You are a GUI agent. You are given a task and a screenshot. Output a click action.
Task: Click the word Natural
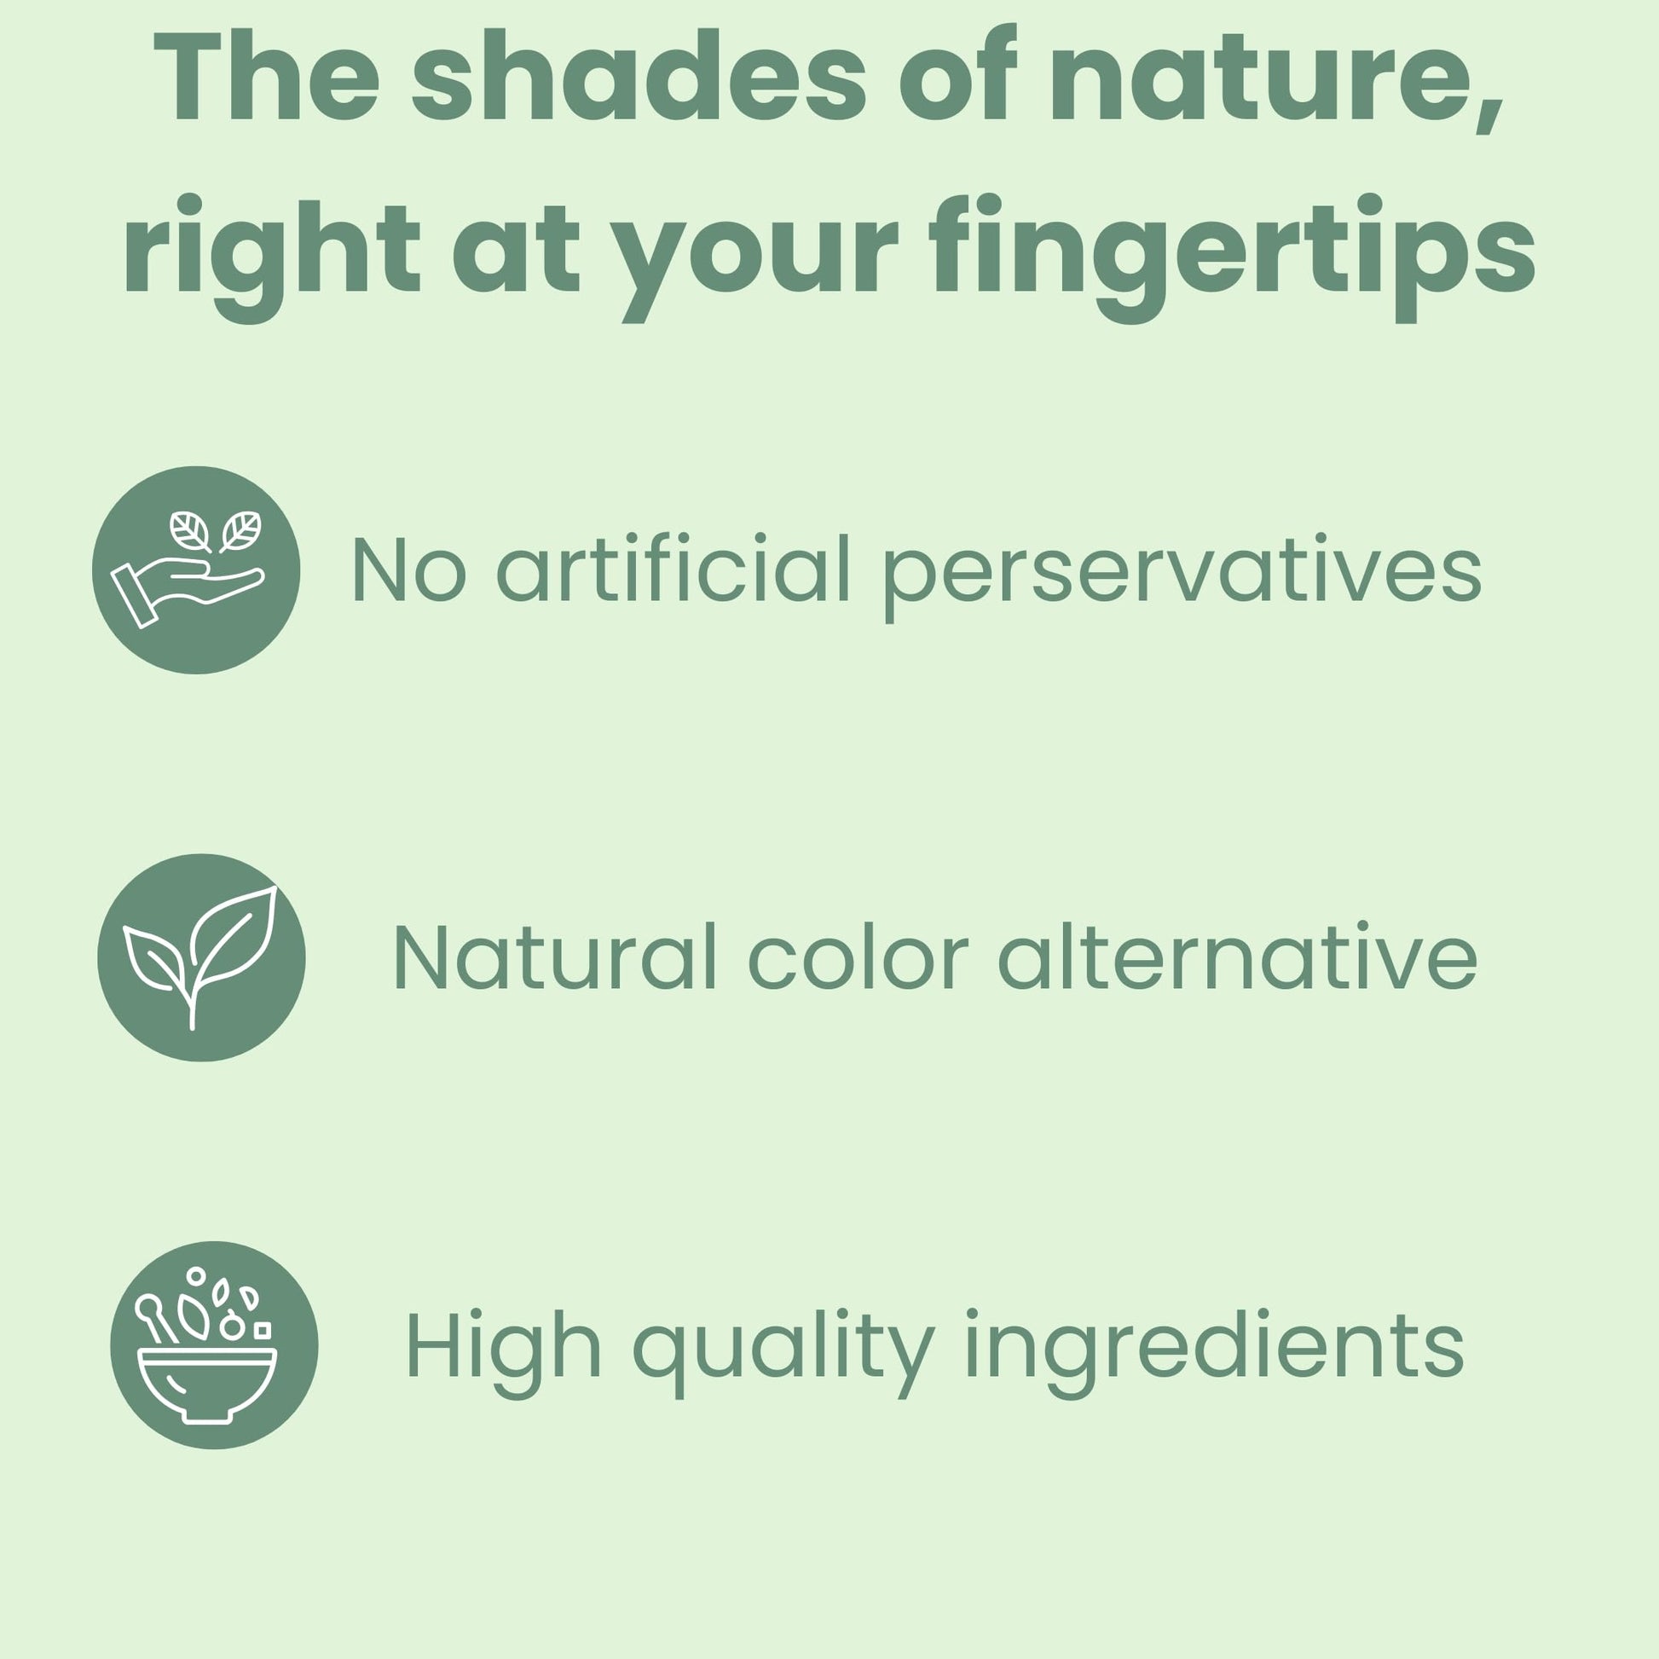[x=555, y=956]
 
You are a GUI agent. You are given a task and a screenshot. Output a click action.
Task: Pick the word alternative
[x=1238, y=956]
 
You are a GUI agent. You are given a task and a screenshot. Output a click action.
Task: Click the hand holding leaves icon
[x=196, y=570]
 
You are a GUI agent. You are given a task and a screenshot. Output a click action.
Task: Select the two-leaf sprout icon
[x=201, y=957]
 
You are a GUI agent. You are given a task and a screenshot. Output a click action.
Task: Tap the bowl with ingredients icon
[x=214, y=1345]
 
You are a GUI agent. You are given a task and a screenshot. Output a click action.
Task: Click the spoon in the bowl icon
[x=156, y=1318]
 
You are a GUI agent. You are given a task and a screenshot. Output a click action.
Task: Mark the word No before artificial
[x=408, y=569]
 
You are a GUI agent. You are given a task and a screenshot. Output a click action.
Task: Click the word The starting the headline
[x=266, y=76]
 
